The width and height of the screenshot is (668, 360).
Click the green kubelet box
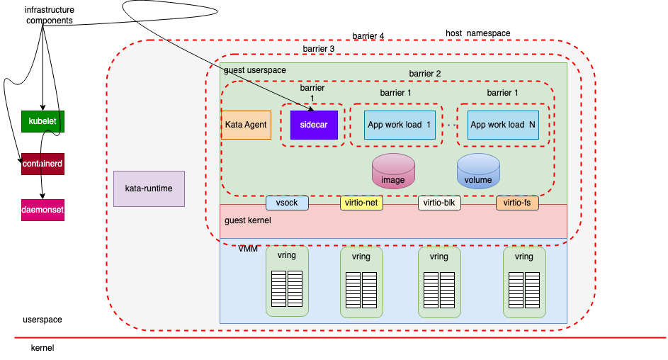(x=43, y=121)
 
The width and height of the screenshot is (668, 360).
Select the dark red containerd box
(x=43, y=164)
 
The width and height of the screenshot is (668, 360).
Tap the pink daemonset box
(x=43, y=210)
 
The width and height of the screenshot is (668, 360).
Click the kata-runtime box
(x=149, y=189)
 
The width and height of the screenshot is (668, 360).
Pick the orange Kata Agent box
(x=246, y=125)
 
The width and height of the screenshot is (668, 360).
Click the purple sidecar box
(x=313, y=125)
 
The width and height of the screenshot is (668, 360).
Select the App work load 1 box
(x=399, y=125)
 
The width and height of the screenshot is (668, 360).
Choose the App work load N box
(x=503, y=125)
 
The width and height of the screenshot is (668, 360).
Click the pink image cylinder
(x=393, y=171)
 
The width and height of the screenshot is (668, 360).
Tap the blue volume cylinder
(x=478, y=171)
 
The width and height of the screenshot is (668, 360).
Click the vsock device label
(x=287, y=203)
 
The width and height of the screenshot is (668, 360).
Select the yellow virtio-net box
(x=361, y=203)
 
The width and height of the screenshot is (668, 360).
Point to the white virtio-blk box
(x=439, y=203)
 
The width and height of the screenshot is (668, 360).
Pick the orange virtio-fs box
(x=517, y=203)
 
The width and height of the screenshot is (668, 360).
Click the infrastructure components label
(x=50, y=16)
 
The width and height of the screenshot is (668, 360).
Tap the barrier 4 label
(x=368, y=36)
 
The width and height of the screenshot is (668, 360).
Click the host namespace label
(x=477, y=33)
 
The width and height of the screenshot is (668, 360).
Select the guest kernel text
(x=247, y=220)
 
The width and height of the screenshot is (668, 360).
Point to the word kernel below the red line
(x=43, y=348)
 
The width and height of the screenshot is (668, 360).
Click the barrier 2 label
(x=425, y=74)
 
